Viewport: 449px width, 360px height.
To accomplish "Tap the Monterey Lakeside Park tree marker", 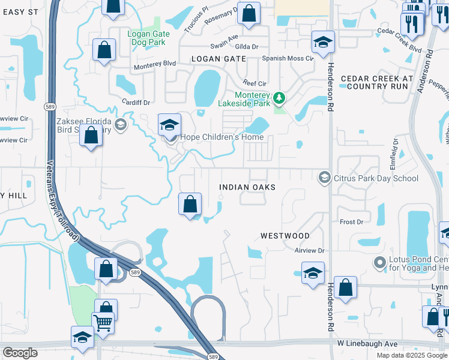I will pyautogui.click(x=279, y=97).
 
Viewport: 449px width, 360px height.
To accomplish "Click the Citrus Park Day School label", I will pyautogui.click(x=376, y=178).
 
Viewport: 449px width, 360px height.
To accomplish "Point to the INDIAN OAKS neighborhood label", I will pyautogui.click(x=247, y=187).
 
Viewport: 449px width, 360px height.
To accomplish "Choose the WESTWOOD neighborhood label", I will pyautogui.click(x=285, y=236).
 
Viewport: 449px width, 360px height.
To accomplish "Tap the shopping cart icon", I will pyautogui.click(x=103, y=323).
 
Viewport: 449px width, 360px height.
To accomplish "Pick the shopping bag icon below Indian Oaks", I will pyautogui.click(x=190, y=204).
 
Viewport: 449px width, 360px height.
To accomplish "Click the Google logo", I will pyautogui.click(x=20, y=353).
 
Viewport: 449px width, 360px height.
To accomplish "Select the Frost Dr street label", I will pyautogui.click(x=352, y=222).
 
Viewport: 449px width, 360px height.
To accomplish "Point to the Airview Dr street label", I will pyautogui.click(x=310, y=250).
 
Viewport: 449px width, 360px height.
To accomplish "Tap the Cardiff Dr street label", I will pyautogui.click(x=134, y=102).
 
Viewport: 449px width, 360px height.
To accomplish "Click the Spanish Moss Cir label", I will pyautogui.click(x=288, y=58).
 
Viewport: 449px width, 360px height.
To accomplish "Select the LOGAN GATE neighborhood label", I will pyautogui.click(x=218, y=59).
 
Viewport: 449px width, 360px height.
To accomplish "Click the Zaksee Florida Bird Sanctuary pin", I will pyautogui.click(x=121, y=125).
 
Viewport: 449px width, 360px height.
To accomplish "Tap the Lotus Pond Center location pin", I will pyautogui.click(x=379, y=262).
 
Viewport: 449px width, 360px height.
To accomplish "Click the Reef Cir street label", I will pyautogui.click(x=253, y=82).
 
